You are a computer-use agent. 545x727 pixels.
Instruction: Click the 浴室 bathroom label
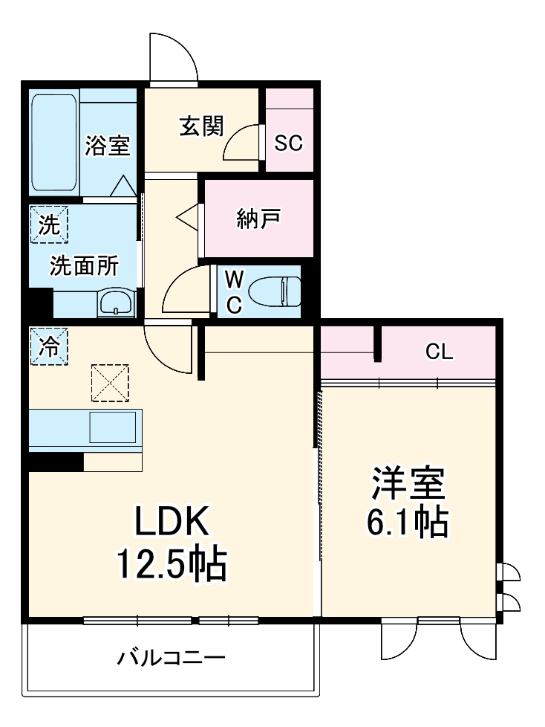click(107, 146)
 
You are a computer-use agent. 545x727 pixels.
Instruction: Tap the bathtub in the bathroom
click(54, 143)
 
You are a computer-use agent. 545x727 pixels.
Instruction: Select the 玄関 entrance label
click(200, 127)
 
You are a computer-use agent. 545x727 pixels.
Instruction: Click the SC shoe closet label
click(288, 143)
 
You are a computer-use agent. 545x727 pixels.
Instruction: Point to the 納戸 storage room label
click(259, 219)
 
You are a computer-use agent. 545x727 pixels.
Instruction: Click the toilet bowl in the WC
click(274, 291)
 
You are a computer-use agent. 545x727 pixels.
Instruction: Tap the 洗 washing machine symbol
click(48, 224)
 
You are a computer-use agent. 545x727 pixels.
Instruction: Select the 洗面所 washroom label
click(83, 266)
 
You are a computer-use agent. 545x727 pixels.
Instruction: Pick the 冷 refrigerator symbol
click(48, 346)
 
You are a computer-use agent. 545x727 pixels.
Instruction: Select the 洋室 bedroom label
click(407, 484)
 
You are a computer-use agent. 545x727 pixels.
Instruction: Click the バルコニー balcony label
click(171, 658)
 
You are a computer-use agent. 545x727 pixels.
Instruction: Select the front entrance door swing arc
click(172, 56)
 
